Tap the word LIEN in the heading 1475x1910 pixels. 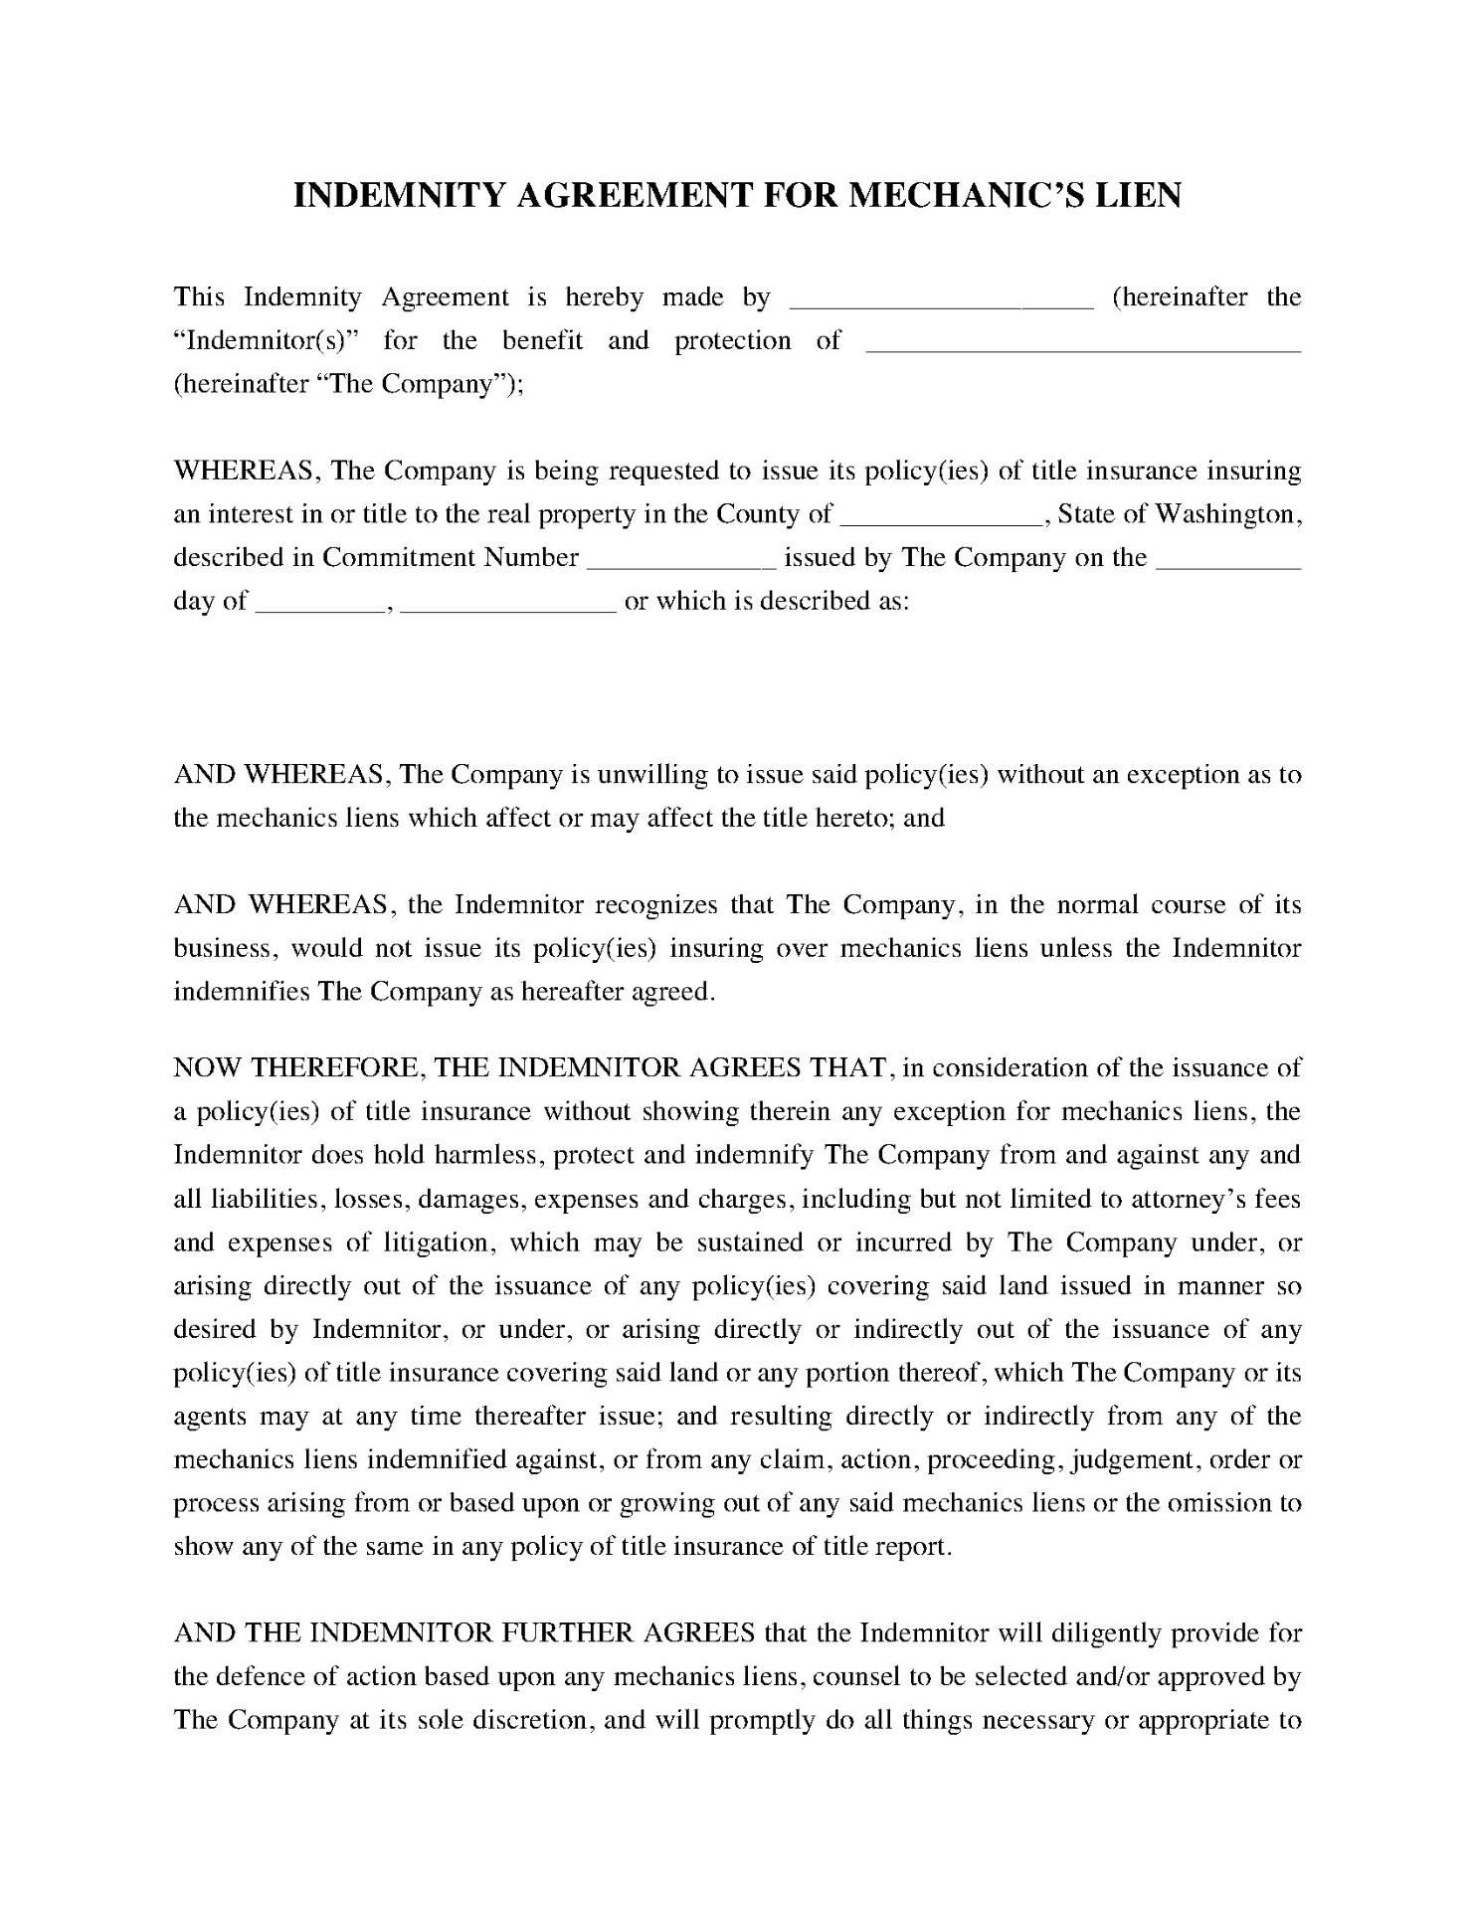click(x=1138, y=195)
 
